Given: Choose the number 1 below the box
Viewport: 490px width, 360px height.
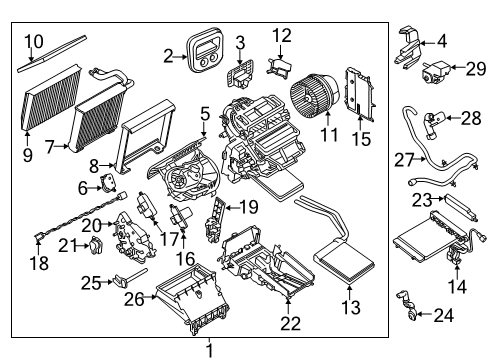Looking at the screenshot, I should tap(210, 350).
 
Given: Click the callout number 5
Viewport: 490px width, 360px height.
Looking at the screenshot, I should tap(204, 113).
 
